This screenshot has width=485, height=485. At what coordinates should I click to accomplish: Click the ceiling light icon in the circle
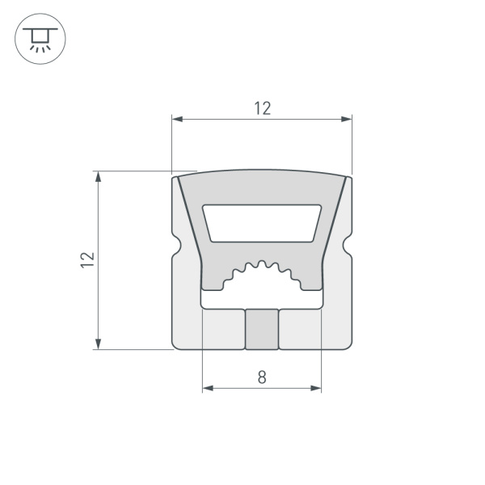36,37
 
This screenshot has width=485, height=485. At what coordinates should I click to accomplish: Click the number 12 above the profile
262,108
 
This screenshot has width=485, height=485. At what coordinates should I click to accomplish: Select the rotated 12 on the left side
87,259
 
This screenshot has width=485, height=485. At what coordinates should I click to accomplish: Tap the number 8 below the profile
262,377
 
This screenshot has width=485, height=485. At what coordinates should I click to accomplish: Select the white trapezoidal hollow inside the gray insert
262,222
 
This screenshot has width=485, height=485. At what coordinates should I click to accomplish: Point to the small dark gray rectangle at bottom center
262,330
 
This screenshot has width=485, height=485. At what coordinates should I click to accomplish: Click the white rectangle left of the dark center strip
221,329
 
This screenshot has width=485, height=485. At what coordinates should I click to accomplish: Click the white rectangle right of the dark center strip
302,329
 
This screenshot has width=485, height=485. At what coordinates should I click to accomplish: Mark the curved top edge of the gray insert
262,171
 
